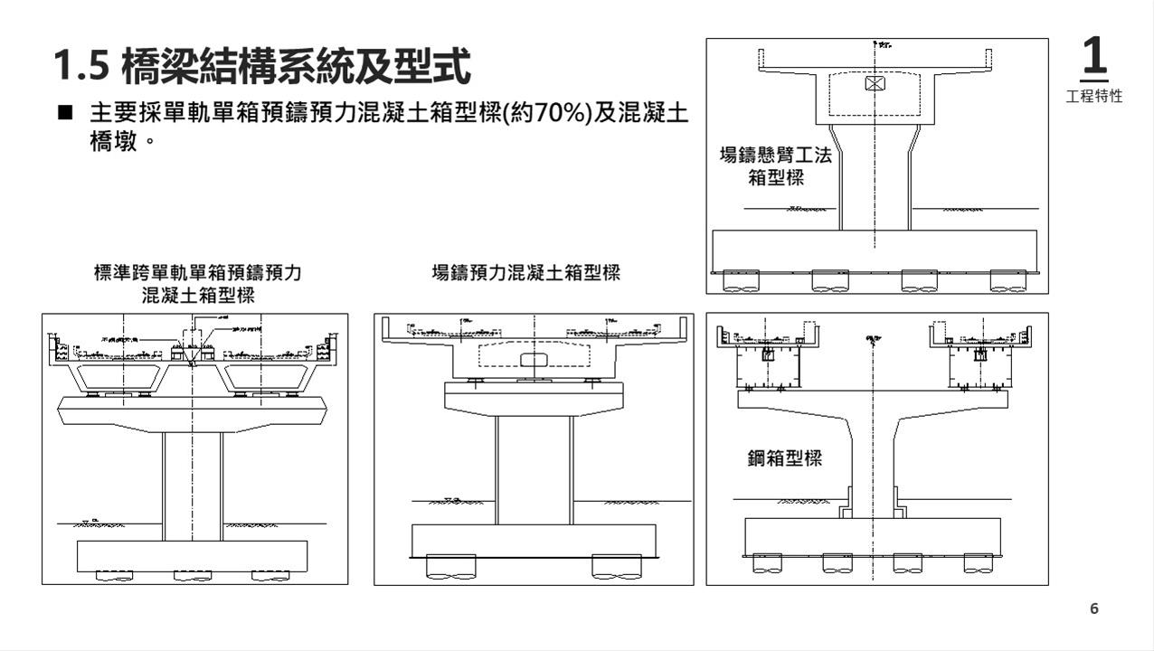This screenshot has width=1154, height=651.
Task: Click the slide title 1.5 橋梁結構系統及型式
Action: click(x=262, y=66)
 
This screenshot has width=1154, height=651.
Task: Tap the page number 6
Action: click(x=1094, y=609)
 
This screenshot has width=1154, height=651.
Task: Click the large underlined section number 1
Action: click(x=1093, y=57)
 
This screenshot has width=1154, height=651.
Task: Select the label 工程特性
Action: click(x=1094, y=96)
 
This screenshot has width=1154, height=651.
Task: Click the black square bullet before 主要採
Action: click(x=64, y=114)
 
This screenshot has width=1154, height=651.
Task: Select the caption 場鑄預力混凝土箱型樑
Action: click(x=526, y=272)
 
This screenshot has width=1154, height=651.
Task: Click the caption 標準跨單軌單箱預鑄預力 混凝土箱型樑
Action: click(x=197, y=283)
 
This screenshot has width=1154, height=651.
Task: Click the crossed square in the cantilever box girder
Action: click(x=875, y=84)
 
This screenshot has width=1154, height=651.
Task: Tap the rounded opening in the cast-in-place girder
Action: click(x=534, y=360)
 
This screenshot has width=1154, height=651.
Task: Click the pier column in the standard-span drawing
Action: click(x=193, y=484)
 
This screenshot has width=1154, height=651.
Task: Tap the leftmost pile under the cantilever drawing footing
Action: click(x=741, y=281)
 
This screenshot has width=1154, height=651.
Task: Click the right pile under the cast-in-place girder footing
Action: click(x=617, y=566)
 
